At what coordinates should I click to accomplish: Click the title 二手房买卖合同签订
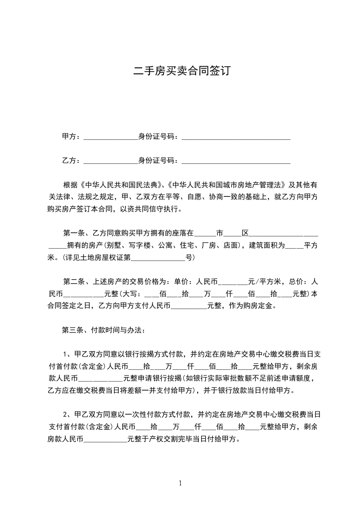(x=180, y=71)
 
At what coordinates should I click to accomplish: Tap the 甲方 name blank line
(x=110, y=137)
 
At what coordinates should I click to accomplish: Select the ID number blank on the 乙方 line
(x=236, y=161)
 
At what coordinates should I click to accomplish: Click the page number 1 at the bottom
(x=180, y=483)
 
